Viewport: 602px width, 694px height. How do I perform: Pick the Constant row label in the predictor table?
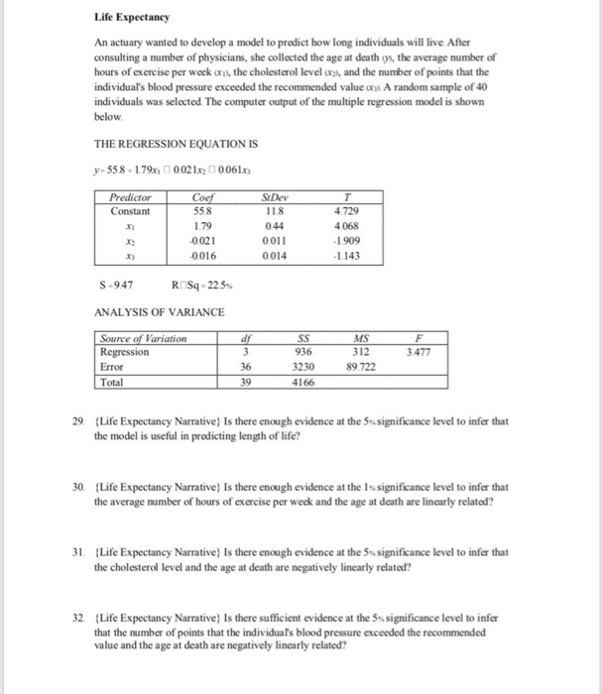point(131,210)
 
